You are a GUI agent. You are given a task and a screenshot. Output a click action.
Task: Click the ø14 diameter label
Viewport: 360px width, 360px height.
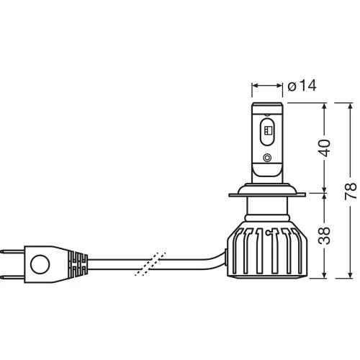[x=302, y=86]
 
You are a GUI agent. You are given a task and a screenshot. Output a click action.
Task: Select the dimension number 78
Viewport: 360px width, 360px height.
[x=349, y=190]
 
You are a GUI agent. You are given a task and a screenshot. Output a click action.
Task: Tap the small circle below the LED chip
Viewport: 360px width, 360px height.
[x=267, y=158]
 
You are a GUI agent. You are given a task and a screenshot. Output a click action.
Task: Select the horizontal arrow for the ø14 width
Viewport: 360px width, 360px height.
[x=267, y=86]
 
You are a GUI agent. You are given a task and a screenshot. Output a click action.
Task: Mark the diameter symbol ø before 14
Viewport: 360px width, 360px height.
[x=292, y=86]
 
